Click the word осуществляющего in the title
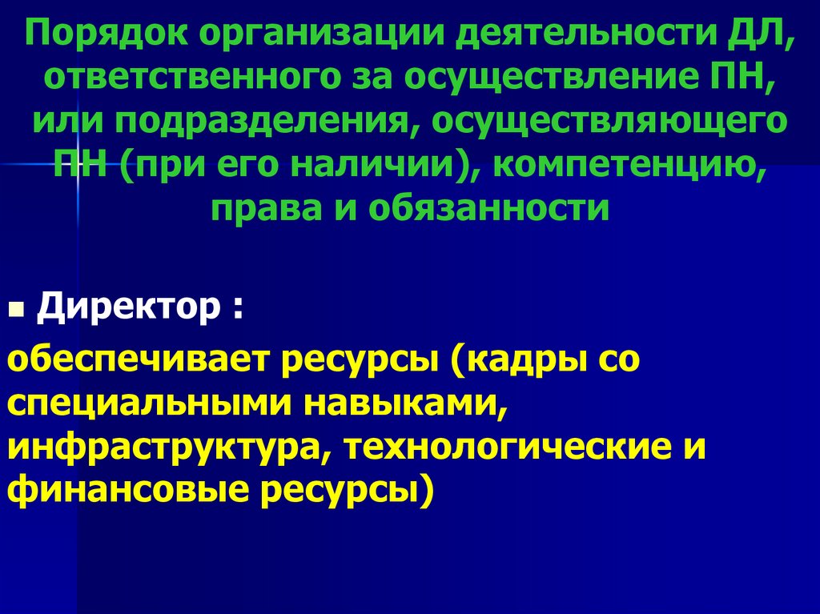click(609, 122)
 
